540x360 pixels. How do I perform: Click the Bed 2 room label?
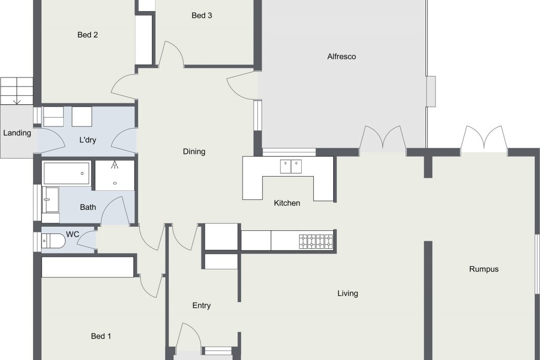88,35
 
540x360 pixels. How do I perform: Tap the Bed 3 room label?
201,15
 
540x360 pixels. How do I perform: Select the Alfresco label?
341,56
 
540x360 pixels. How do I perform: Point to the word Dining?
194,151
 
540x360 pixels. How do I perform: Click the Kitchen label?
287,203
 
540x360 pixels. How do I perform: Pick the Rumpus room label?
484,269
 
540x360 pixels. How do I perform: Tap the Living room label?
348,294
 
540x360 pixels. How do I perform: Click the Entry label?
201,306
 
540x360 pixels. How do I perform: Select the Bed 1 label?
101,336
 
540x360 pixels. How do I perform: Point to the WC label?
72,235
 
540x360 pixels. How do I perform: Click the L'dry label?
88,140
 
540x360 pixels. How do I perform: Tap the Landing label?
17,133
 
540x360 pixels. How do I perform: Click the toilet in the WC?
53,241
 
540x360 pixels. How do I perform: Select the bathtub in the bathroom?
66,173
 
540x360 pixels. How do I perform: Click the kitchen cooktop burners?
316,241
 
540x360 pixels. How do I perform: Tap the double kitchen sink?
291,167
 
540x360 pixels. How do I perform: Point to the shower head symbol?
114,164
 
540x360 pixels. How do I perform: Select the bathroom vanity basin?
50,200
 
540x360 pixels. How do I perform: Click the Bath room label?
88,207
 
